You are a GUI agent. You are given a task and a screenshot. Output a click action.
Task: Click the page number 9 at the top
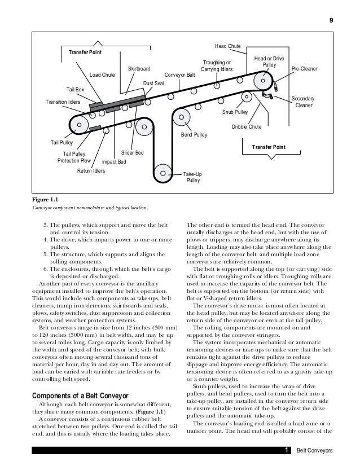pos(331,21)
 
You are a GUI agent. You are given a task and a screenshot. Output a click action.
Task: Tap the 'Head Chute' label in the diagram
pos(227,46)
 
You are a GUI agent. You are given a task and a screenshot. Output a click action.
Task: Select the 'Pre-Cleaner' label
pos(304,69)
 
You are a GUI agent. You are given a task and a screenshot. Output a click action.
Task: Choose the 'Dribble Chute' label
pos(247,127)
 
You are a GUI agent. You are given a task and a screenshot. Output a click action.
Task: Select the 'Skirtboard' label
pos(139,68)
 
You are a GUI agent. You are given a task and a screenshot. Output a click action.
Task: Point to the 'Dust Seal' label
pos(153,83)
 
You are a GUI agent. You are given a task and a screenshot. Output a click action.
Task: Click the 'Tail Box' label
pos(75,89)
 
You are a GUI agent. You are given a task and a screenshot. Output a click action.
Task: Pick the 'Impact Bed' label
pos(113,162)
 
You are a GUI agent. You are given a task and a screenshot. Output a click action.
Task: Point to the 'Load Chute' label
pos(102,74)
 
